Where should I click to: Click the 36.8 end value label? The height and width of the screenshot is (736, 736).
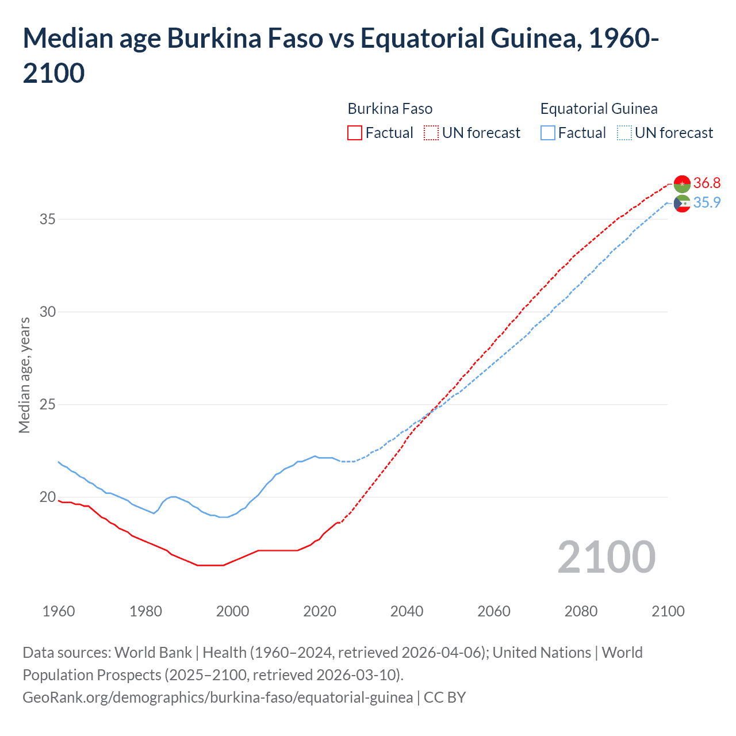(x=707, y=183)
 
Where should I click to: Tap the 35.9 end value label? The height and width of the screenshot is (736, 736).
(x=707, y=202)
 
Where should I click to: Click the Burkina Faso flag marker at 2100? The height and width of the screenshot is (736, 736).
(x=682, y=183)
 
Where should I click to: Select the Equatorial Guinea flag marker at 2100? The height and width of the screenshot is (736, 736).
(x=682, y=203)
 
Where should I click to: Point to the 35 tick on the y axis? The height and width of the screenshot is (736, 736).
(x=48, y=219)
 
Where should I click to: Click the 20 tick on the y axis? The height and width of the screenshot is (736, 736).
(x=48, y=497)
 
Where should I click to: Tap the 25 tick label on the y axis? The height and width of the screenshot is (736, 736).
(x=48, y=404)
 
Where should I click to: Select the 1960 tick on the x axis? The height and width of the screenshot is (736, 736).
(x=59, y=611)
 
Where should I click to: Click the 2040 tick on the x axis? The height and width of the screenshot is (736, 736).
(x=407, y=611)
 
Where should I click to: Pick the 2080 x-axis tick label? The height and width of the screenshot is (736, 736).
(x=581, y=611)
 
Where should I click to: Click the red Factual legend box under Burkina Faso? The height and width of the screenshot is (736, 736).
(x=355, y=133)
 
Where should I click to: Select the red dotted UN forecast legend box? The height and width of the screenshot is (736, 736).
(x=431, y=133)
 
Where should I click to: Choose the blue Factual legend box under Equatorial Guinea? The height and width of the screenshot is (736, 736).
(x=548, y=133)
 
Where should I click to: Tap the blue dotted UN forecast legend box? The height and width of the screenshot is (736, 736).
(x=624, y=133)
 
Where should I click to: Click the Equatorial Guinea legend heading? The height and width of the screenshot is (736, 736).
(x=599, y=109)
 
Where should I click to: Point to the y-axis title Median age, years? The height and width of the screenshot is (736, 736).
(x=24, y=374)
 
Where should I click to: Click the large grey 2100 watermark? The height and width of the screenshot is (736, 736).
(x=606, y=557)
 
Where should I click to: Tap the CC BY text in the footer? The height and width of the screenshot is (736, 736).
(x=444, y=697)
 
